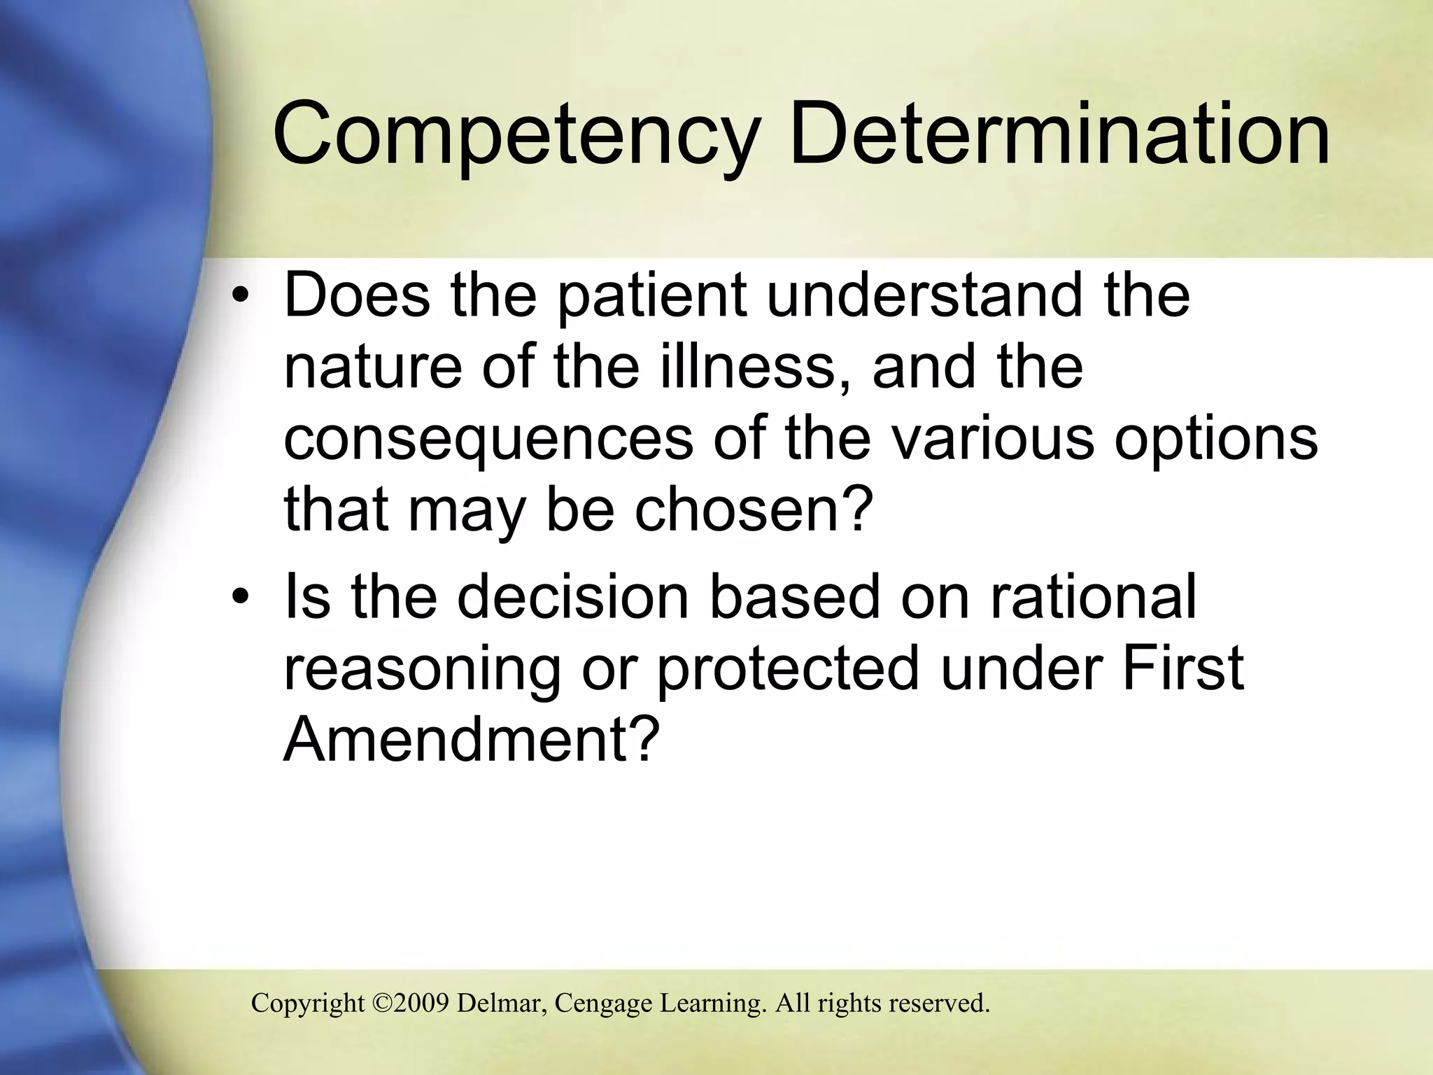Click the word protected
tap(787, 668)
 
